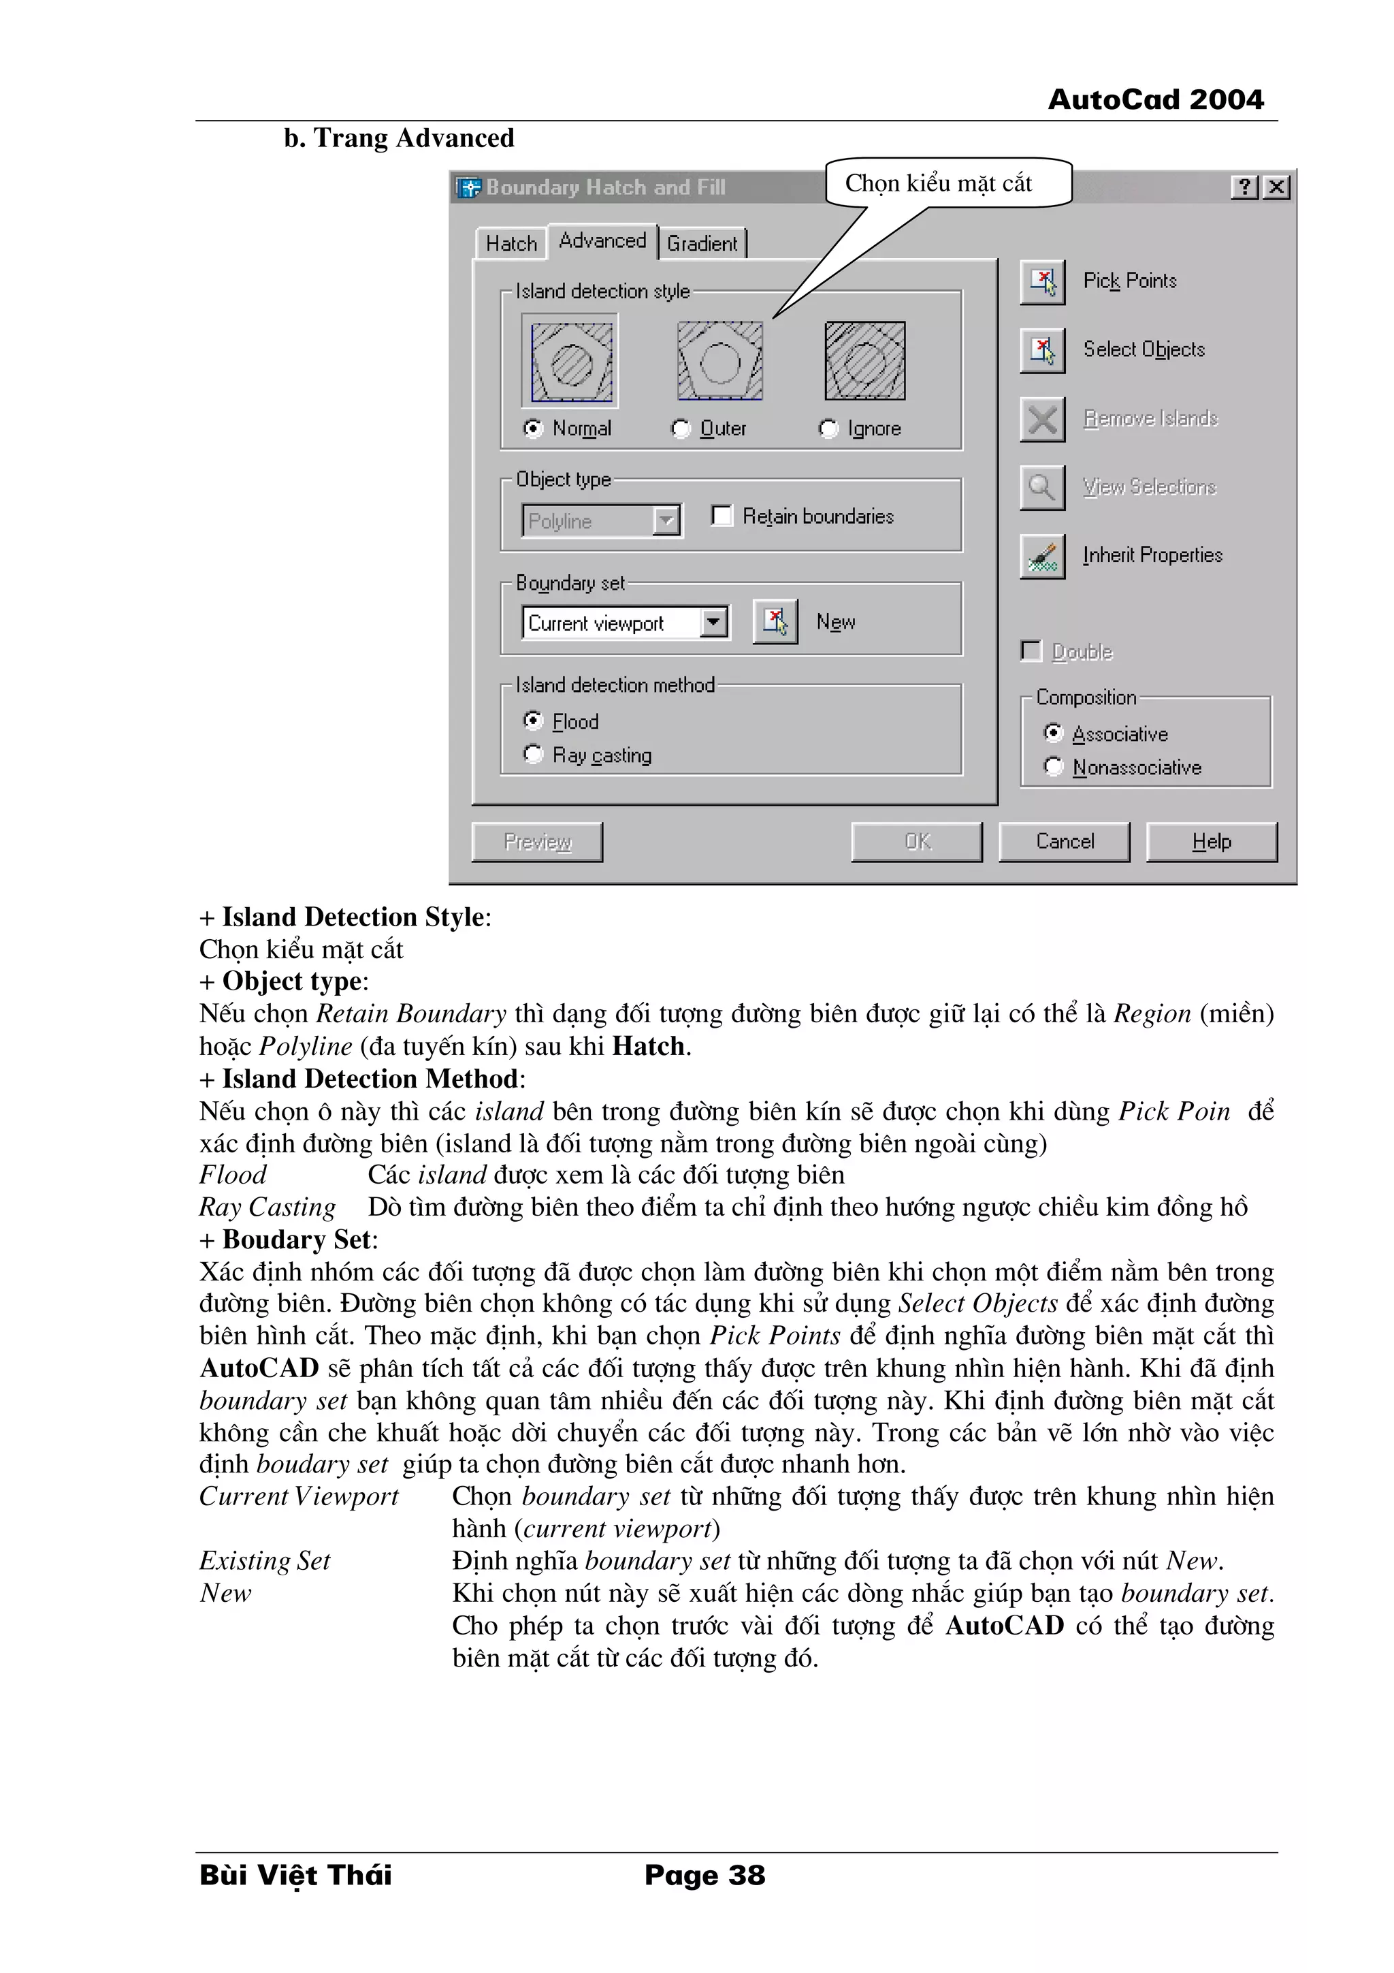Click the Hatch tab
[x=511, y=243]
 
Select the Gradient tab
[x=702, y=243]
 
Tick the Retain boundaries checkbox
[x=722, y=516]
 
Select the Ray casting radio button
[x=534, y=755]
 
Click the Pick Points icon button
[x=1042, y=281]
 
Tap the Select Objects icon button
[x=1042, y=350]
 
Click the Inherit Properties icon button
[x=1042, y=556]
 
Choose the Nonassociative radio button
[x=1053, y=766]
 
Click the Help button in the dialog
[x=1211, y=841]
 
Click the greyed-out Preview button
[x=537, y=841]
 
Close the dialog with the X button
[x=1277, y=187]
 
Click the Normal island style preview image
[x=570, y=361]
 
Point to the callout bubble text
[x=938, y=183]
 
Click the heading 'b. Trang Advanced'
[x=400, y=138]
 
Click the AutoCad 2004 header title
[x=1155, y=99]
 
